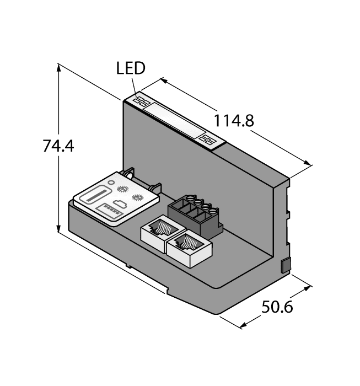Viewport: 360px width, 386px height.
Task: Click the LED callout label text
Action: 131,68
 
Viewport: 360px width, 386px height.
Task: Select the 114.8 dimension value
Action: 233,121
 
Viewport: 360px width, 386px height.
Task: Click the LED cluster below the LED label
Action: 141,101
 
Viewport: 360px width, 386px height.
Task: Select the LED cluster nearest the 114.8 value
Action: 208,139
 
